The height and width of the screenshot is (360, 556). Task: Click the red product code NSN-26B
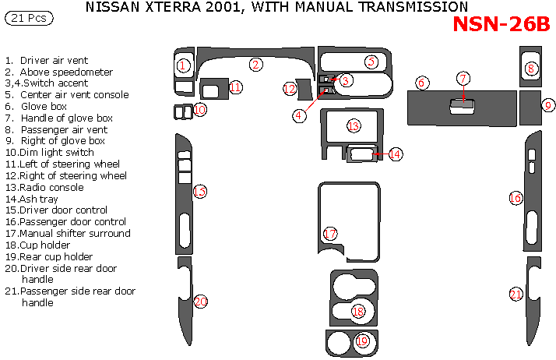pyautogui.click(x=501, y=24)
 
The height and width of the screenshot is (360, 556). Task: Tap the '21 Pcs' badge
pyautogui.click(x=26, y=18)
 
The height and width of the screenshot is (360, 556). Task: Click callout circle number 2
pyautogui.click(x=255, y=65)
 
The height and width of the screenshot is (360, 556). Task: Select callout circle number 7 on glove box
pyautogui.click(x=463, y=78)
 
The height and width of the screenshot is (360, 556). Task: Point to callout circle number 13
pyautogui.click(x=354, y=125)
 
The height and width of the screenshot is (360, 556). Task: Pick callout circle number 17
pyautogui.click(x=330, y=234)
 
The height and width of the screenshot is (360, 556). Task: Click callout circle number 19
pyautogui.click(x=362, y=341)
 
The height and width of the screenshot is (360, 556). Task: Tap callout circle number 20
pyautogui.click(x=201, y=302)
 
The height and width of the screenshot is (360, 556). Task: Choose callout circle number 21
pyautogui.click(x=516, y=294)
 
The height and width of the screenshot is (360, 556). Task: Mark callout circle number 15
pyautogui.click(x=200, y=192)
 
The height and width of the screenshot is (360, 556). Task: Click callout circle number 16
pyautogui.click(x=516, y=198)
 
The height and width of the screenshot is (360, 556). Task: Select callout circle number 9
pyautogui.click(x=548, y=104)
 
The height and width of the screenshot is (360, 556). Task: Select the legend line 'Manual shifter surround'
pyautogui.click(x=75, y=233)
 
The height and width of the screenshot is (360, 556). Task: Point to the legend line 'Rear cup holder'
pyautogui.click(x=56, y=256)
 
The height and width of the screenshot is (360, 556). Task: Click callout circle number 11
pyautogui.click(x=235, y=86)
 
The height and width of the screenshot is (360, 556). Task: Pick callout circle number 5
pyautogui.click(x=371, y=61)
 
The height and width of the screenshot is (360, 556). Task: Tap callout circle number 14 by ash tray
pyautogui.click(x=396, y=154)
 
